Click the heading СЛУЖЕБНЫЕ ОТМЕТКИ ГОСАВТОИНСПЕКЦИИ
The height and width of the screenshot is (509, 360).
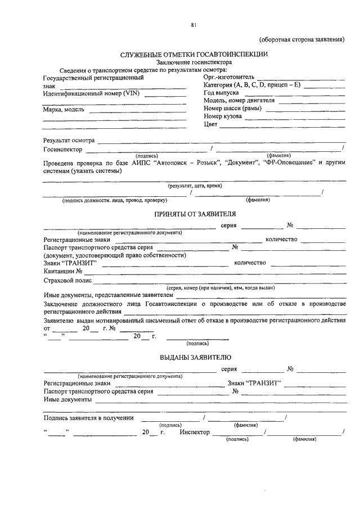(194, 54)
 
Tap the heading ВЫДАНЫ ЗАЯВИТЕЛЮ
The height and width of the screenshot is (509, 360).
(194, 357)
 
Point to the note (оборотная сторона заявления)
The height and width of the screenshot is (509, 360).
(301, 39)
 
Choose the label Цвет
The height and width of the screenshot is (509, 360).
(210, 124)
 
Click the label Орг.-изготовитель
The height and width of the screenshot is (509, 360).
(229, 77)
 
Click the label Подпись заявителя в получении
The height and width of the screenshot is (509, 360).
(88, 418)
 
